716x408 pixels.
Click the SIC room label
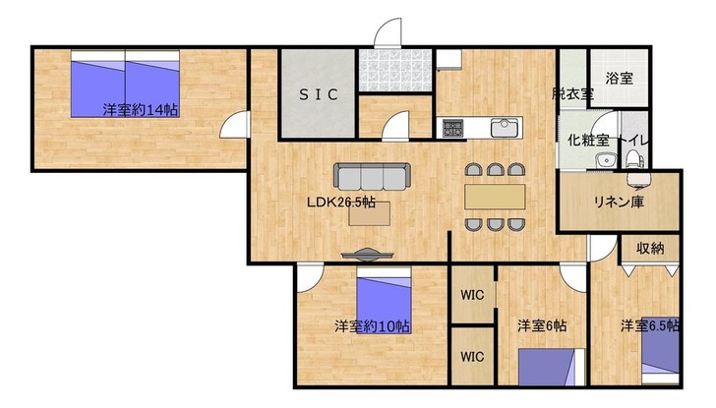[319, 94]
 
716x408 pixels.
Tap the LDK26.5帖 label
[341, 203]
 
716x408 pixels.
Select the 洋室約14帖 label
[141, 110]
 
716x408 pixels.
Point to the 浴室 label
[620, 79]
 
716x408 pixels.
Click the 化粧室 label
[588, 141]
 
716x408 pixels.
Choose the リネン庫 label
[619, 202]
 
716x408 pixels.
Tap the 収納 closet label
[650, 249]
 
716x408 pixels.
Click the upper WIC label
[472, 295]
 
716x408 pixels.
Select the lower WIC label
[472, 356]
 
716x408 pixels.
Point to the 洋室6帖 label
[542, 325]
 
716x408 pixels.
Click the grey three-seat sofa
[372, 176]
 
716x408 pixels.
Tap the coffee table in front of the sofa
[370, 213]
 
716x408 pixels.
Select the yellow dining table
[495, 197]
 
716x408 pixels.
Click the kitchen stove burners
[453, 128]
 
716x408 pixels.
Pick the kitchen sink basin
[506, 128]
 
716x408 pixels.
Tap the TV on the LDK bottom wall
[367, 255]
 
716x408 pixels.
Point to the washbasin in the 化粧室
[607, 160]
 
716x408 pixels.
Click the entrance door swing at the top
[388, 32]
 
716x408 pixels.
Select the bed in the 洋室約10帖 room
[384, 301]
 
